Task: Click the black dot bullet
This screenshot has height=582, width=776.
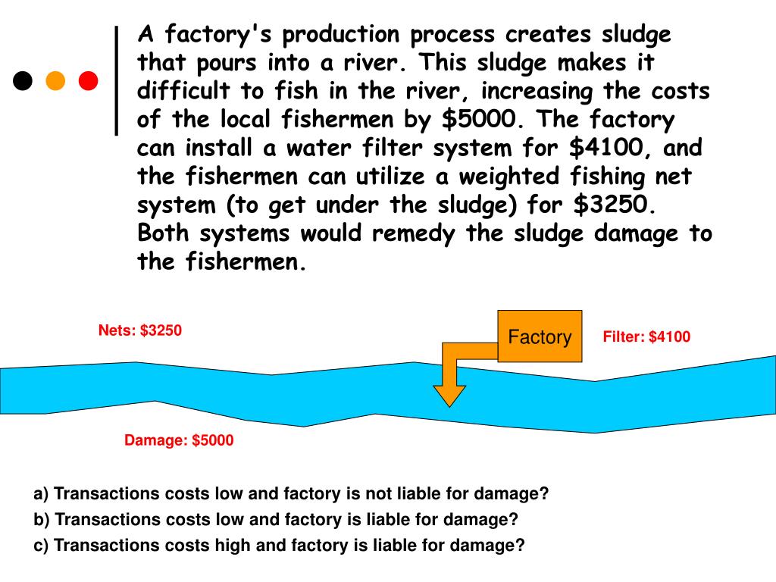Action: [23, 80]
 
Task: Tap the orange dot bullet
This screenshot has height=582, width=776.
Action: [55, 80]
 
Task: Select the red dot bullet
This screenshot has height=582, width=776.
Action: [89, 80]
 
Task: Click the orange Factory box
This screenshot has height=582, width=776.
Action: [540, 336]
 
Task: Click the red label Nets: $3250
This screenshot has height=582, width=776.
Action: [140, 330]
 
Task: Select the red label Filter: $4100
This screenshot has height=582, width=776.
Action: [646, 337]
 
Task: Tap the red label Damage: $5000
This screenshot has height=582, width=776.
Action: [179, 440]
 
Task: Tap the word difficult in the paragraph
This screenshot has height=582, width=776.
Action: [184, 92]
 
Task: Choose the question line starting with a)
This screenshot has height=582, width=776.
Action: [290, 494]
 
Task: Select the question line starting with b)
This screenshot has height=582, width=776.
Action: [276, 520]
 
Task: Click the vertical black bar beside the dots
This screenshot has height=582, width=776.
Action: [117, 80]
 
